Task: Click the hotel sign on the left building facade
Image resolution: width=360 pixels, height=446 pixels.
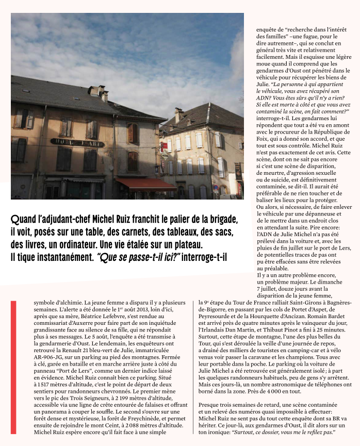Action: [77, 142]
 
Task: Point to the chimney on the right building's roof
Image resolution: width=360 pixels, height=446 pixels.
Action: [178, 114]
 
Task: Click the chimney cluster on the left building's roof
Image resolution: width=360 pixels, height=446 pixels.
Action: [98, 93]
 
